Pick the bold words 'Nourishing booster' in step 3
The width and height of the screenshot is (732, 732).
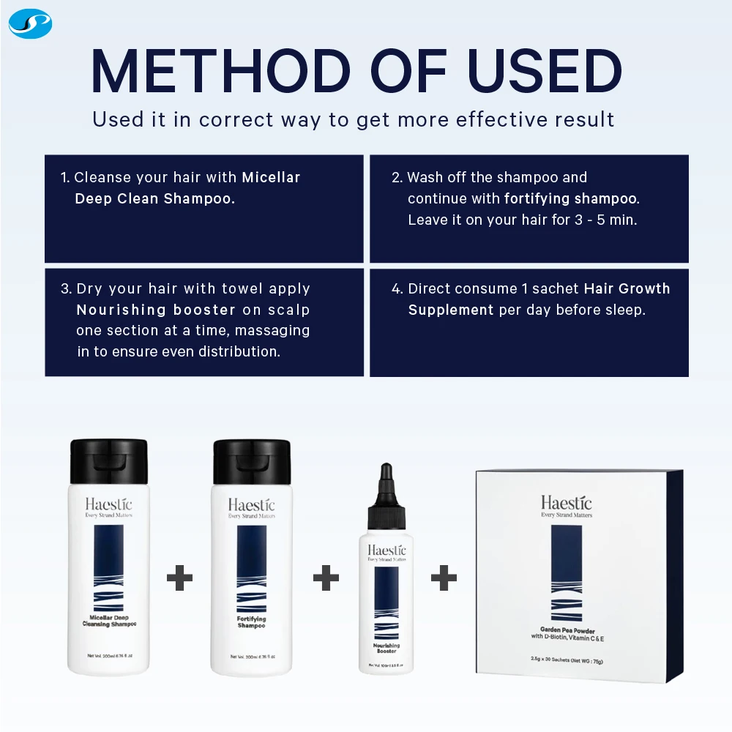(156, 310)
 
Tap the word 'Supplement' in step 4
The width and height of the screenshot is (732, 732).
(451, 310)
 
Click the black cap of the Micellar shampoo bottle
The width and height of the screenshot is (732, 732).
(109, 460)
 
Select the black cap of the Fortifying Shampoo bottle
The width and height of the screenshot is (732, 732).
(252, 460)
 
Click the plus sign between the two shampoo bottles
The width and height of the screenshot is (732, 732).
(179, 578)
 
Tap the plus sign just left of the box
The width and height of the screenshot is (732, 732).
(444, 578)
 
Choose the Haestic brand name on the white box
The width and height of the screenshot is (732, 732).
(567, 502)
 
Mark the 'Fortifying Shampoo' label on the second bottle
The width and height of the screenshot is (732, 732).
(252, 622)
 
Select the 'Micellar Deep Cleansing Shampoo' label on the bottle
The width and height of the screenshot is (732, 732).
(108, 621)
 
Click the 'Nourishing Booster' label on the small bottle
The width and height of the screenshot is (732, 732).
(386, 649)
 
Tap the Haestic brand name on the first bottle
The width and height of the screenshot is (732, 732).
(108, 504)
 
